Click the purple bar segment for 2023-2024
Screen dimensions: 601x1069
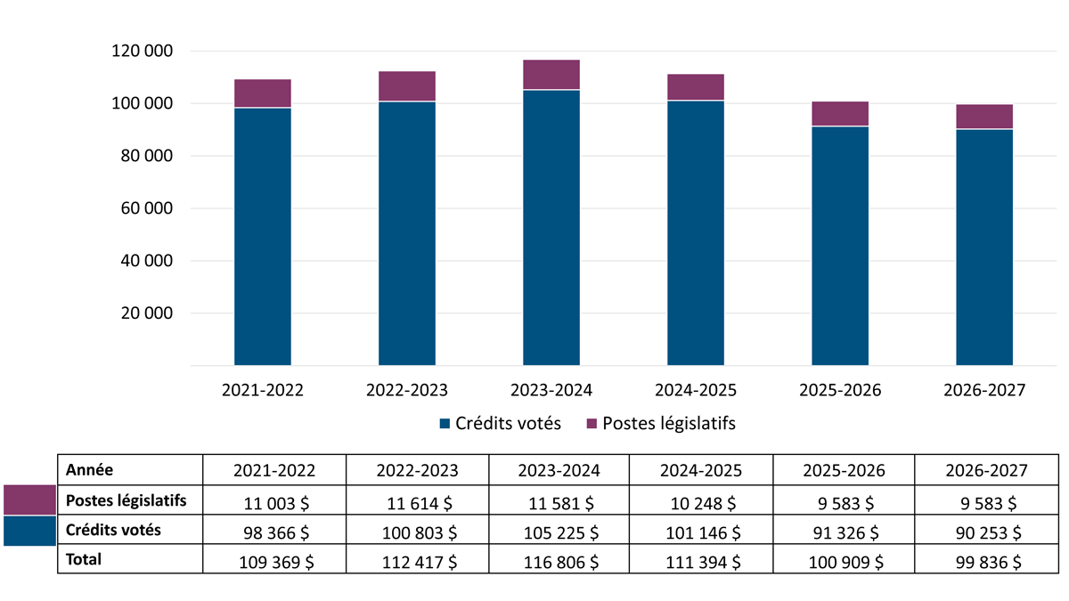click(x=551, y=75)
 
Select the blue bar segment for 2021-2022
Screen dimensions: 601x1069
click(x=262, y=236)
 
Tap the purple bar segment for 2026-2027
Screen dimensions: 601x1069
click(x=983, y=117)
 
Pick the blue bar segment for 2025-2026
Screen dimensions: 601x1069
click(x=839, y=246)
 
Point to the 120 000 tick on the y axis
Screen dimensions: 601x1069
click(x=143, y=52)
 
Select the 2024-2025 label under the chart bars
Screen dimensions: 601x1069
click(x=695, y=391)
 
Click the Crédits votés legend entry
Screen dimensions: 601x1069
click(x=500, y=424)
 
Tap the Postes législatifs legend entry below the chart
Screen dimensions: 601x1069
click(x=660, y=424)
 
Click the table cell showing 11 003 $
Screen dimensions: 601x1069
click(x=274, y=502)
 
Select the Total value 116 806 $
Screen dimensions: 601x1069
click(x=559, y=562)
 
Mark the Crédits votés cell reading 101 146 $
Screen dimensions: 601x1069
click(x=702, y=532)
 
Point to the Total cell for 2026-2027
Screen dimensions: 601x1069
click(x=987, y=562)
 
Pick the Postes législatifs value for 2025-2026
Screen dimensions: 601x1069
click(x=845, y=502)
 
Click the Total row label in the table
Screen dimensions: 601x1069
click(x=84, y=560)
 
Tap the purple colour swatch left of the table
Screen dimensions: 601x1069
click(x=29, y=499)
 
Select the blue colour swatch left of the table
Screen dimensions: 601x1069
click(x=29, y=531)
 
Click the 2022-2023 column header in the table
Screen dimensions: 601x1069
click(x=417, y=470)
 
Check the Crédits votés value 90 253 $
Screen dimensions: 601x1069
click(x=987, y=532)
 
